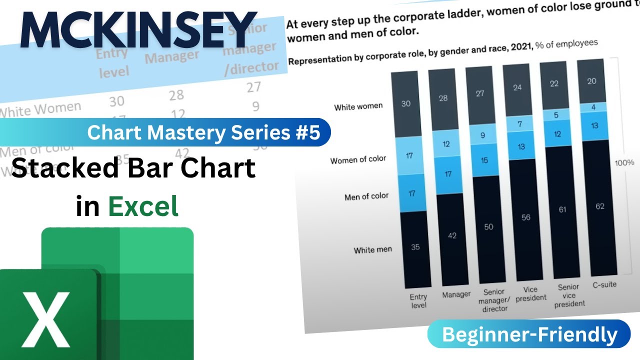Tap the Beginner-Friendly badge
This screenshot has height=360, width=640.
click(529, 334)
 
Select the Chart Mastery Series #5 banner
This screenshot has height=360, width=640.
click(203, 132)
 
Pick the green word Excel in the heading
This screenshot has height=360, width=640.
click(143, 206)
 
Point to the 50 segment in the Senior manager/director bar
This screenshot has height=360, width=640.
click(488, 226)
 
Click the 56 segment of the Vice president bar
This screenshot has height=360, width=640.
click(525, 217)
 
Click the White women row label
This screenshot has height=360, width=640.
click(358, 106)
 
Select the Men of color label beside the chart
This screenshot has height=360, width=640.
click(366, 196)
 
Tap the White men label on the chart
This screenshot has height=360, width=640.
click(372, 249)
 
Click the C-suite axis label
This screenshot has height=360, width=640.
click(603, 284)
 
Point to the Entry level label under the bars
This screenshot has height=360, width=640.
click(418, 300)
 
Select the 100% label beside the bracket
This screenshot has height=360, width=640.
click(624, 162)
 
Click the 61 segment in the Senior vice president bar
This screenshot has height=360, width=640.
click(562, 209)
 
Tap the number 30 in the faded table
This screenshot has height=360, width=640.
click(116, 101)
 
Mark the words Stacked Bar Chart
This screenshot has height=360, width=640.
click(133, 168)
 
